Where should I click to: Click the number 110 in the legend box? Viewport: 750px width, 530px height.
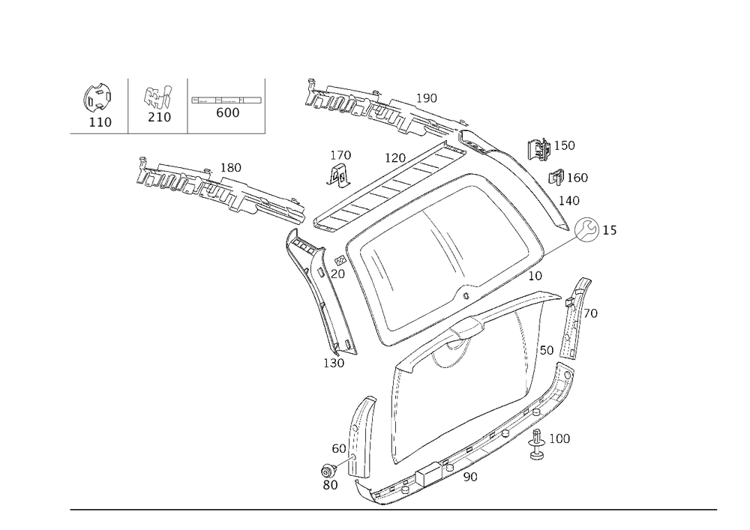tap(100, 122)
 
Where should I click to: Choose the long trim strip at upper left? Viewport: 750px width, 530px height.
tap(217, 186)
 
